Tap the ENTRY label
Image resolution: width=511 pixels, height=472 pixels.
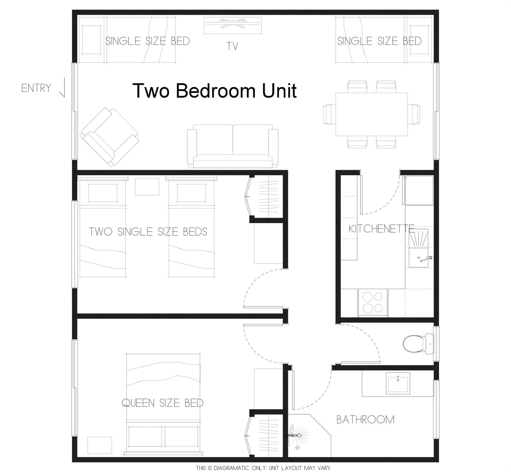(36, 88)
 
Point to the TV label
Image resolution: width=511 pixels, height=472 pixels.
(232, 46)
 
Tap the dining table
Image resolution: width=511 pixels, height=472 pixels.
(371, 114)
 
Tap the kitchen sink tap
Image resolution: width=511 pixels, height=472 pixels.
(426, 259)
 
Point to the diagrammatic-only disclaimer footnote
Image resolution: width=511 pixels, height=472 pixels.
(263, 468)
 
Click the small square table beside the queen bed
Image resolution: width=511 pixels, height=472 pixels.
(99, 445)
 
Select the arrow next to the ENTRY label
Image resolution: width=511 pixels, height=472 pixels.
(63, 88)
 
